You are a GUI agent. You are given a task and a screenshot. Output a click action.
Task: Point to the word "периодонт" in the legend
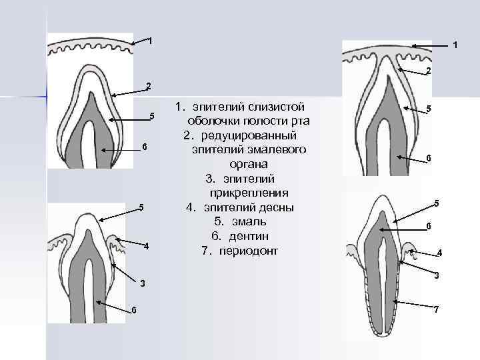pyautogui.click(x=250, y=251)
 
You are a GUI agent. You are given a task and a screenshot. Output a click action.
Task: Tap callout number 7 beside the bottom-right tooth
pyautogui.click(x=437, y=310)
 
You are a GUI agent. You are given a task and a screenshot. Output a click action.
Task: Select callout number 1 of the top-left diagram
pyautogui.click(x=151, y=41)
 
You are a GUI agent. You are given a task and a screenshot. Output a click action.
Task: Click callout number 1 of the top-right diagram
pyautogui.click(x=455, y=46)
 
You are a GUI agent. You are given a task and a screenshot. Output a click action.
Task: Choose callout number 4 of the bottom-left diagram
pyautogui.click(x=147, y=247)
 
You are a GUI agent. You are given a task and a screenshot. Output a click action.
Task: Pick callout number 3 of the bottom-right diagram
pyautogui.click(x=437, y=275)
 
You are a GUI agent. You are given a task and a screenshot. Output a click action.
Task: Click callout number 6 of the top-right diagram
pyautogui.click(x=429, y=158)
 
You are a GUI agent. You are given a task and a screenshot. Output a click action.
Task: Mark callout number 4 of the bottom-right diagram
pyautogui.click(x=439, y=253)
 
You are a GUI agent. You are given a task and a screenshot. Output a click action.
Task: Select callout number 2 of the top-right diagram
pyautogui.click(x=429, y=71)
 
